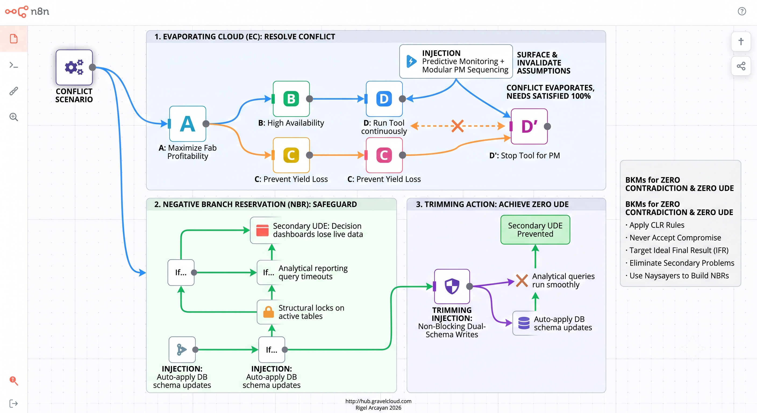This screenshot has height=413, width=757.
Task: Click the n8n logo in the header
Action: (27, 12)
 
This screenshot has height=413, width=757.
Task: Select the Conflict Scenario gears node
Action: (74, 67)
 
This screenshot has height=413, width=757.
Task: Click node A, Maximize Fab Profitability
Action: (187, 124)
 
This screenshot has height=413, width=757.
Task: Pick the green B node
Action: (291, 99)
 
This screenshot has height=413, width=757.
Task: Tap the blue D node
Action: (384, 99)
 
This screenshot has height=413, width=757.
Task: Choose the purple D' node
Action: (529, 126)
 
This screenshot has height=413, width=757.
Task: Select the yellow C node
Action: (291, 155)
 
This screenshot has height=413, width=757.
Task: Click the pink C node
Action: (384, 155)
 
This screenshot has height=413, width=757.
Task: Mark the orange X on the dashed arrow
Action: (457, 126)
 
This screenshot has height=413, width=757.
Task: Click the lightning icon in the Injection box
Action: (411, 61)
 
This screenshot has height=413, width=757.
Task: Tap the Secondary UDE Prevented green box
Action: (535, 230)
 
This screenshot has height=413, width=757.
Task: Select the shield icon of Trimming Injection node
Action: (452, 286)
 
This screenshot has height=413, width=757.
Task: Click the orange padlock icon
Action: (268, 312)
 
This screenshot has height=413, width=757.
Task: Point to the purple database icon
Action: (524, 323)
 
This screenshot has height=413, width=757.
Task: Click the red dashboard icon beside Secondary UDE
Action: (262, 230)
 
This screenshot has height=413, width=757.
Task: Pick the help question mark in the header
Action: (742, 11)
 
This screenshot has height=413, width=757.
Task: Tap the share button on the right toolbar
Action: (741, 66)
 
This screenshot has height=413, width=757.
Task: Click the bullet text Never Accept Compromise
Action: (675, 237)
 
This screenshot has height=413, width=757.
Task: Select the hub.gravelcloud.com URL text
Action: (378, 401)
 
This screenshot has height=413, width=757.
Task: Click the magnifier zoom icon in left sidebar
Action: (13, 117)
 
